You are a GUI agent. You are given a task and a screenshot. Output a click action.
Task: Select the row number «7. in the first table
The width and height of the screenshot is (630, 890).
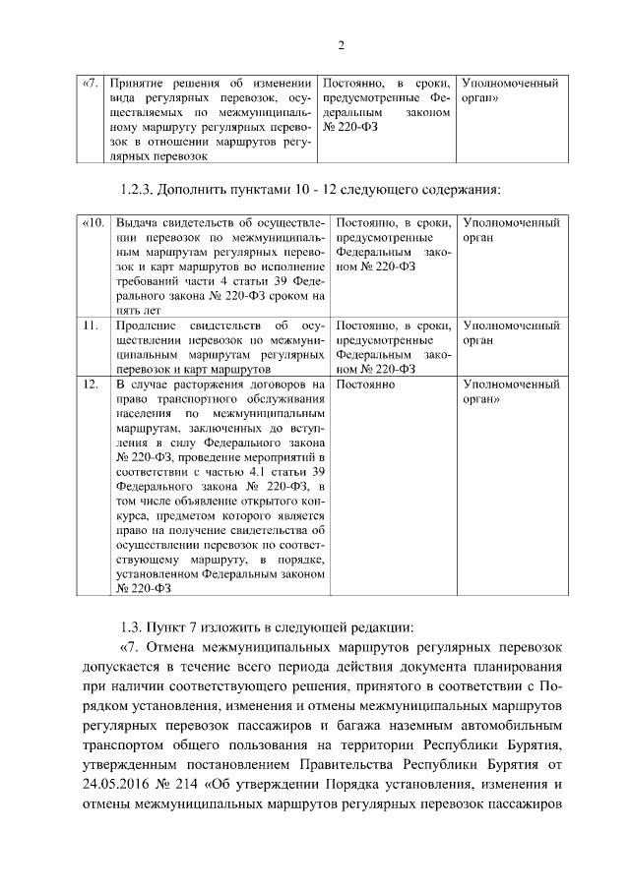point(90,85)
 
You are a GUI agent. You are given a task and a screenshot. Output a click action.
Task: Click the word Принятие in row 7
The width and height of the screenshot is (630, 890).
point(141,85)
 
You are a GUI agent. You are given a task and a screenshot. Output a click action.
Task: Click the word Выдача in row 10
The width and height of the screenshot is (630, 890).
point(138,224)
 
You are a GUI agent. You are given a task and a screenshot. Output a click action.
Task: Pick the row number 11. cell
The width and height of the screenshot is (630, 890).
point(90,326)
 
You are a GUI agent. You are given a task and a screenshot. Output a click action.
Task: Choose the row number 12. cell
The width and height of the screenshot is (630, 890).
point(90,385)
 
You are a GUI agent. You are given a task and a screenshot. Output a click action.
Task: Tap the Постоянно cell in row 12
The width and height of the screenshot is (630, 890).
point(366,385)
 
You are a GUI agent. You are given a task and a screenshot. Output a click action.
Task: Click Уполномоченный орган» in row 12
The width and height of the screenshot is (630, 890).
point(510,392)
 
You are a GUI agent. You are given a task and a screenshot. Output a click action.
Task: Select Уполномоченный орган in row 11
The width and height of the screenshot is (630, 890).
point(510,332)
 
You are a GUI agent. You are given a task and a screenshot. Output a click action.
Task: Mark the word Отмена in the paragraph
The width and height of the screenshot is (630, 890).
point(170,649)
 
